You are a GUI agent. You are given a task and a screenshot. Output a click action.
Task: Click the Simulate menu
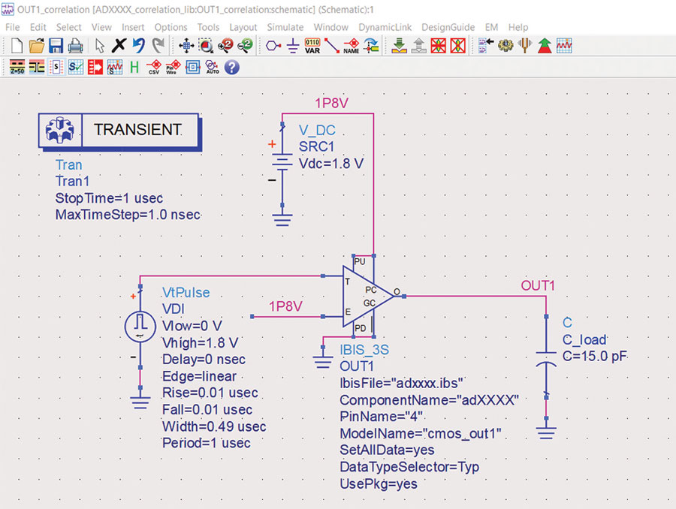285,27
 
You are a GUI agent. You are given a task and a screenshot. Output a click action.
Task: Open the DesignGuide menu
448,27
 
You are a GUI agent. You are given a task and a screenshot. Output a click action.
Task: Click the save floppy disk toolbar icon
56,46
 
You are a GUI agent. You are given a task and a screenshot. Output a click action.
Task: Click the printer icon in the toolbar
76,46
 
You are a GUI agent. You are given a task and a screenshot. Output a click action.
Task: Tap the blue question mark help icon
232,68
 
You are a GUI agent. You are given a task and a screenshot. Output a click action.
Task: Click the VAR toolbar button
312,46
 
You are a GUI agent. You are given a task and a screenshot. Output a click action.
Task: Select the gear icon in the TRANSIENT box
60,130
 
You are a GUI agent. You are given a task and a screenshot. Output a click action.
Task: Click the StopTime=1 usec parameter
109,198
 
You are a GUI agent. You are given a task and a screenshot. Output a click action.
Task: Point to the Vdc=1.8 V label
331,164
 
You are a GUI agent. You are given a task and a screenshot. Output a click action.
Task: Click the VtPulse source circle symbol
140,327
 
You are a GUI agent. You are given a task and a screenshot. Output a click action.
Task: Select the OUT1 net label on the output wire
538,285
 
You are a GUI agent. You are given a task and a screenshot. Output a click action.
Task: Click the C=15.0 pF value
595,356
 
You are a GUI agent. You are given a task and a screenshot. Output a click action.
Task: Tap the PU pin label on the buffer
360,261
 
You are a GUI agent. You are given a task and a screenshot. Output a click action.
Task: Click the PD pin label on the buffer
360,328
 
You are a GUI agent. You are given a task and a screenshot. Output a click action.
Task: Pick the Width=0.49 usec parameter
214,426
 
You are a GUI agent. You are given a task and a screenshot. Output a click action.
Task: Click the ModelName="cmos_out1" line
421,433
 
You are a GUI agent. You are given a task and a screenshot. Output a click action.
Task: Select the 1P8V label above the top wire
331,103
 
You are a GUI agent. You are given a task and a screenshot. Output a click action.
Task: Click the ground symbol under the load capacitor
546,432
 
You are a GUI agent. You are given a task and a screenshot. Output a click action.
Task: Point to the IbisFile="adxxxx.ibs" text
401,383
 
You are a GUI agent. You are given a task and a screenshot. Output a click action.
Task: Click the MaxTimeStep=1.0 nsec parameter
128,214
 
